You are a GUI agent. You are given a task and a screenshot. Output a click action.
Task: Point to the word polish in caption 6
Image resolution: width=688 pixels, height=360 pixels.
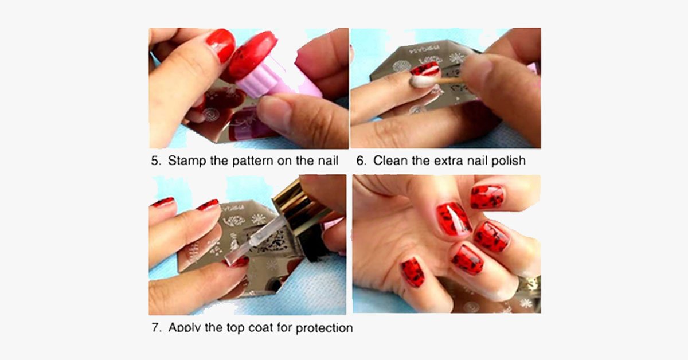point(506,161)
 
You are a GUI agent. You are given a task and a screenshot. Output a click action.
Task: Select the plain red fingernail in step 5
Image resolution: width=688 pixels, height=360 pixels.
point(221,44)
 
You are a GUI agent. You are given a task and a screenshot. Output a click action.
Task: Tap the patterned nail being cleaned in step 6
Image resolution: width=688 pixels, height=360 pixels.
point(425,70)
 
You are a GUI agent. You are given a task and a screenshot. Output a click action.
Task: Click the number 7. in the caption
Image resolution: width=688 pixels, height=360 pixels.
point(156,328)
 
